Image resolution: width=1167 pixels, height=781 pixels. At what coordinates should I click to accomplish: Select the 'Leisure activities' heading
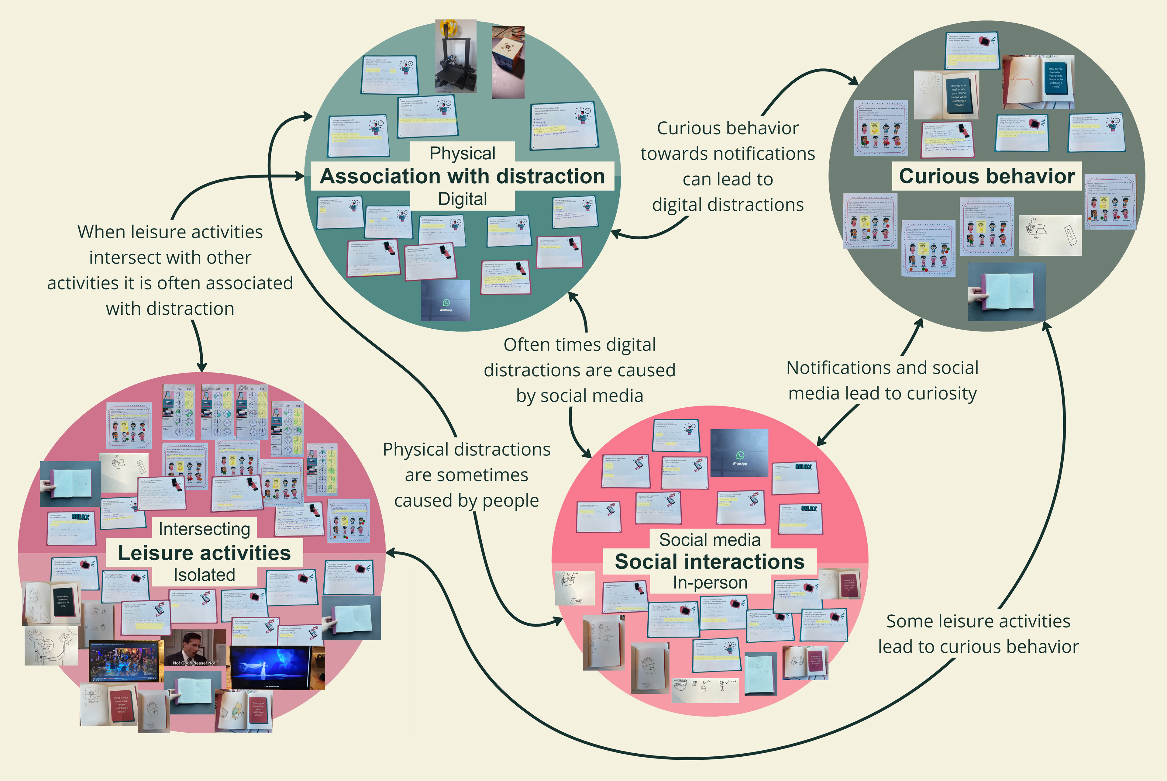[x=204, y=553]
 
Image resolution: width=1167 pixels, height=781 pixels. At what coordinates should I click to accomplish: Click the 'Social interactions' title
[x=709, y=562]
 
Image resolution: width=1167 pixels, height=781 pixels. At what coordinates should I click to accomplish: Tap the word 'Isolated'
[x=204, y=575]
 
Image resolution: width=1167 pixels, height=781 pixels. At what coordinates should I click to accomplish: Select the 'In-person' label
[x=709, y=582]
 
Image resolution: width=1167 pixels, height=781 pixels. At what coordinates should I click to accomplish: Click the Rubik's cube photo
[x=508, y=62]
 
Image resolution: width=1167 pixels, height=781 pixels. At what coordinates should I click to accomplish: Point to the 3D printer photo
[x=456, y=56]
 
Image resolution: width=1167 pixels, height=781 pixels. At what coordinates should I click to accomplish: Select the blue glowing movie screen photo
[x=270, y=667]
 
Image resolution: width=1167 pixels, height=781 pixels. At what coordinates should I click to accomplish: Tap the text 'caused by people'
[x=466, y=501]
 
